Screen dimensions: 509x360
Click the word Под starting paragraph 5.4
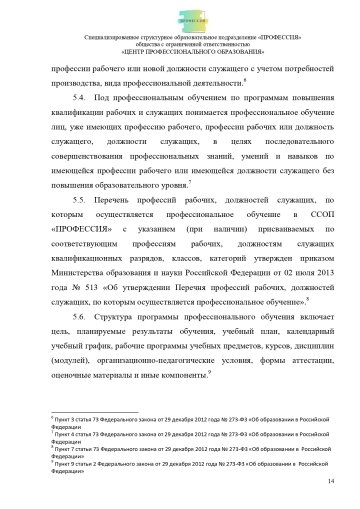119,103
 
